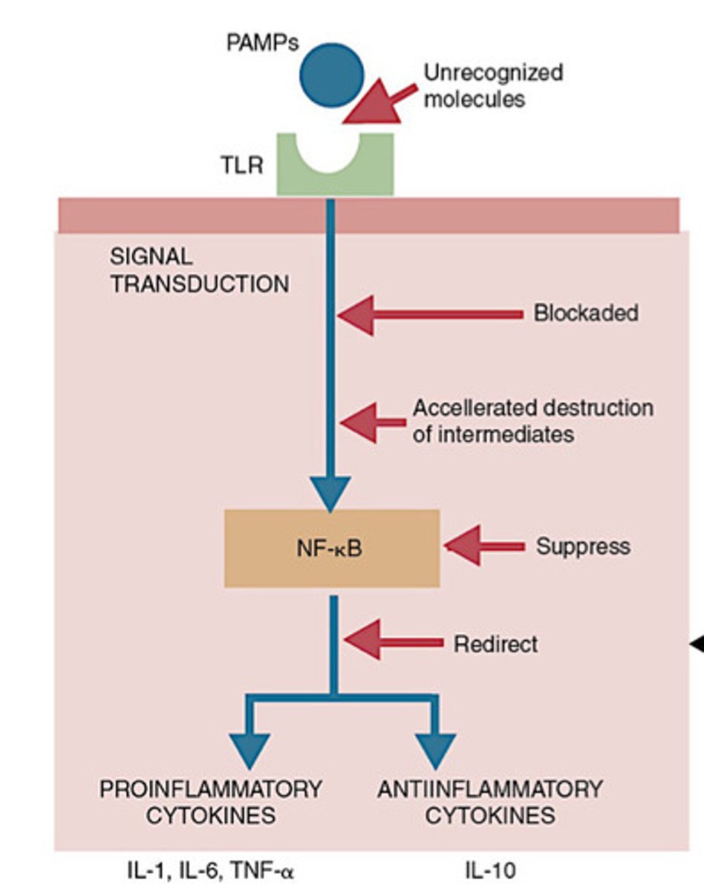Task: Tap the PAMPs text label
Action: click(x=262, y=42)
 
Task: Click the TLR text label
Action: click(x=241, y=165)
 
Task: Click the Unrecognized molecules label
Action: click(x=492, y=85)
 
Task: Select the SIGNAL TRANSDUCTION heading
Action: click(x=199, y=270)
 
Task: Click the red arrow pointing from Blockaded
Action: click(x=431, y=315)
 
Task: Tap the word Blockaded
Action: click(x=585, y=313)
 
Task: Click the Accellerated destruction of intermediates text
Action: click(x=532, y=421)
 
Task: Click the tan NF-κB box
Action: click(x=331, y=548)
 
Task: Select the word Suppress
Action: click(x=582, y=546)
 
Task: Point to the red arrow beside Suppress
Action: click(x=482, y=546)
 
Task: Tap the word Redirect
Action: click(x=495, y=644)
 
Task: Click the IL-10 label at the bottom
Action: click(x=490, y=869)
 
